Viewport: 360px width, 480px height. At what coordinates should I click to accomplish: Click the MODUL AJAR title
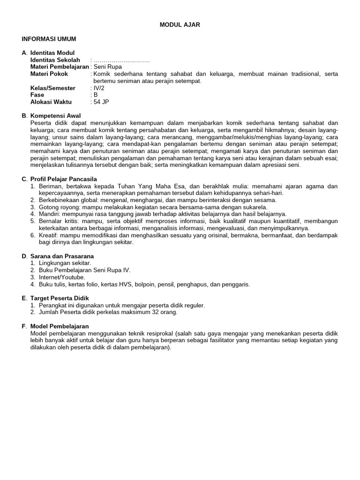click(180, 25)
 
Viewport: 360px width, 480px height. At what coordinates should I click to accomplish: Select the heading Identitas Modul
click(52, 53)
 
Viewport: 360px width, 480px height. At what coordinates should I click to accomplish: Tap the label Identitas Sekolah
click(55, 60)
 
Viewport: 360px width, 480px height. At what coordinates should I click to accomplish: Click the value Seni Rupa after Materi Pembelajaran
click(108, 67)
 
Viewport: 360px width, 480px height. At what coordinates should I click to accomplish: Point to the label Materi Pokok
click(49, 74)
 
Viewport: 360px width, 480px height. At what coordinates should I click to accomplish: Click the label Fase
click(37, 95)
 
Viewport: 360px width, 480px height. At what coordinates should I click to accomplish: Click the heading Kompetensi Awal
click(56, 116)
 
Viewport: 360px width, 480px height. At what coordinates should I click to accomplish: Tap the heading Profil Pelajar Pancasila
click(63, 179)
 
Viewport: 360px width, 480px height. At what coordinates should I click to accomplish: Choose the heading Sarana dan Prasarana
click(62, 256)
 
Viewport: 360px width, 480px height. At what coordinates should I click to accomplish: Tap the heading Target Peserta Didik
click(60, 298)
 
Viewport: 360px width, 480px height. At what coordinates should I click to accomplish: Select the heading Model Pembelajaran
click(60, 326)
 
